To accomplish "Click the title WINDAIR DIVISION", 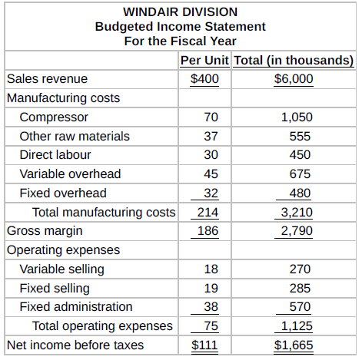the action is click(x=181, y=12).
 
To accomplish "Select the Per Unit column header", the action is click(x=204, y=61).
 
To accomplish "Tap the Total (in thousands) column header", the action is click(x=294, y=61).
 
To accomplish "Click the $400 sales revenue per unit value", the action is click(x=204, y=78).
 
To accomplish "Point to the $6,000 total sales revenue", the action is click(x=294, y=78).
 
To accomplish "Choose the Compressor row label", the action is click(x=54, y=117).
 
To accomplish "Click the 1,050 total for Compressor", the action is click(x=297, y=117).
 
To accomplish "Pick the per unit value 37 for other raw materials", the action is click(x=211, y=136).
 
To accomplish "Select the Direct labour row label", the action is click(x=55, y=155).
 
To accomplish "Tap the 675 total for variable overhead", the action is click(x=300, y=174).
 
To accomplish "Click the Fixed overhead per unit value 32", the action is click(x=211, y=193).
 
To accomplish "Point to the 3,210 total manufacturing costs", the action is click(x=297, y=213).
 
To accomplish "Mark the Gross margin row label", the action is click(x=45, y=231).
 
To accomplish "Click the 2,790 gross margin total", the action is click(x=297, y=231).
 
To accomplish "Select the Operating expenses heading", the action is click(x=63, y=250).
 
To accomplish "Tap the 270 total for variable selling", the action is click(x=300, y=269).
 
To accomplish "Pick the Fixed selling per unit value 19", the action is click(x=211, y=289).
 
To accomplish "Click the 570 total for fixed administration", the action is click(x=300, y=307).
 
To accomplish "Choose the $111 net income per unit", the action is click(x=204, y=345).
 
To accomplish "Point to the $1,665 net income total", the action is click(x=294, y=345).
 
